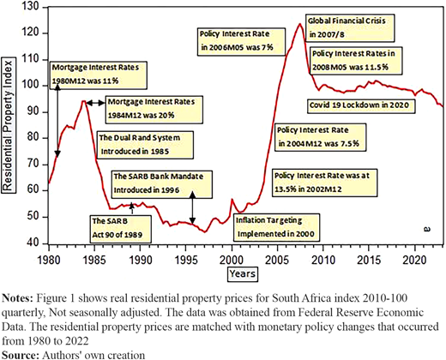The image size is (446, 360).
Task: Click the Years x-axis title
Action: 243,273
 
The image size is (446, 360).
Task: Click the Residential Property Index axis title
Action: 8,125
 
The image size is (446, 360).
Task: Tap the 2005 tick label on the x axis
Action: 277,260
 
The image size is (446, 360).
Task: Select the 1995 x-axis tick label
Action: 185,260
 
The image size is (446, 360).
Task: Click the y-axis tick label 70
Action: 33,165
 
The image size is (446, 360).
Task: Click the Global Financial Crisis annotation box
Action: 350,28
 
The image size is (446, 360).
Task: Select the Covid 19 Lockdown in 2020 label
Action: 360,105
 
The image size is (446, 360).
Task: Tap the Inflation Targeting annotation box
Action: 276,227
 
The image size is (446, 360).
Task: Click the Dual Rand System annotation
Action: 145,145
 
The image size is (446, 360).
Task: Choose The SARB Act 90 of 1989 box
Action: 121,229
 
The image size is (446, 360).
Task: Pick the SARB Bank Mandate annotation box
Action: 162,184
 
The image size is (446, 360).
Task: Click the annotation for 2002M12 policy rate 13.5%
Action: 324,183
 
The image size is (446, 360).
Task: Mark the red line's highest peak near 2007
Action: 299,24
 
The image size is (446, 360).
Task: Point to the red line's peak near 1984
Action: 83,101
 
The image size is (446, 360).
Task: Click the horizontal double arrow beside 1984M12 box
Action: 95,103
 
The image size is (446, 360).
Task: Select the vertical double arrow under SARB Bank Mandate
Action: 192,207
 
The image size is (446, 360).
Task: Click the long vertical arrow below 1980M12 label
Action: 57,121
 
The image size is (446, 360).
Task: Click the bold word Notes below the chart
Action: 17,298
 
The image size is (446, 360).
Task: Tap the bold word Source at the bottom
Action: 21,355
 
